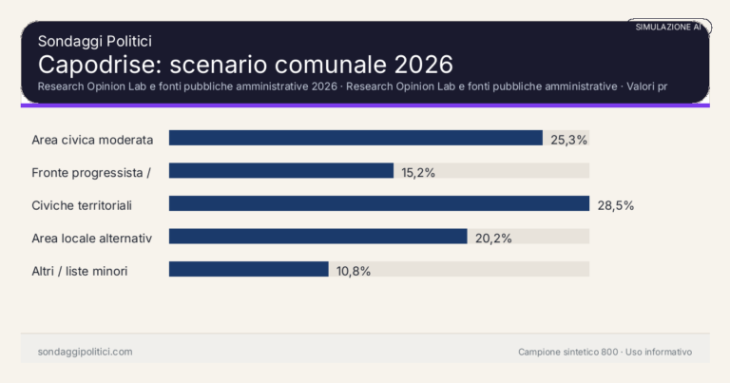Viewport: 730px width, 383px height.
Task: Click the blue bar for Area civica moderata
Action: (355, 138)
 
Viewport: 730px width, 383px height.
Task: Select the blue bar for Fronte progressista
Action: (281, 171)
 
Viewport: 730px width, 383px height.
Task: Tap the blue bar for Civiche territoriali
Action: (379, 203)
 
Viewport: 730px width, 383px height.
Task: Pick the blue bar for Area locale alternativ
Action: (317, 237)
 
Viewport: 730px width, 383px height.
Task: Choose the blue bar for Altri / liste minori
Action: (249, 269)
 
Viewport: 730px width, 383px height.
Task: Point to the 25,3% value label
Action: (569, 139)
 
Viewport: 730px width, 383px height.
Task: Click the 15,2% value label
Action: (418, 172)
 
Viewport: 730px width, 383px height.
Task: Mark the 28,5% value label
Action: (615, 204)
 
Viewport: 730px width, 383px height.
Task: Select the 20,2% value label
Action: (493, 238)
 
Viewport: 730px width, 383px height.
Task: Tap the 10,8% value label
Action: (353, 270)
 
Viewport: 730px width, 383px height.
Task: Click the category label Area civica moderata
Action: (92, 139)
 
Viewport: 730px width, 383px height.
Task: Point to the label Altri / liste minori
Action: (80, 271)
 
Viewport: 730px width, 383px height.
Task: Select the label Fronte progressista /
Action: (91, 172)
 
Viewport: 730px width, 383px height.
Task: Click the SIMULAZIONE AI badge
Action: (668, 27)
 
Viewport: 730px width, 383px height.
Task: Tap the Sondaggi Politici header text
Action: (95, 41)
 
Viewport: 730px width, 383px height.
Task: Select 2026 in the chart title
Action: (418, 65)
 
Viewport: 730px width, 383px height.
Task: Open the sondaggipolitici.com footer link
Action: (85, 352)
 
